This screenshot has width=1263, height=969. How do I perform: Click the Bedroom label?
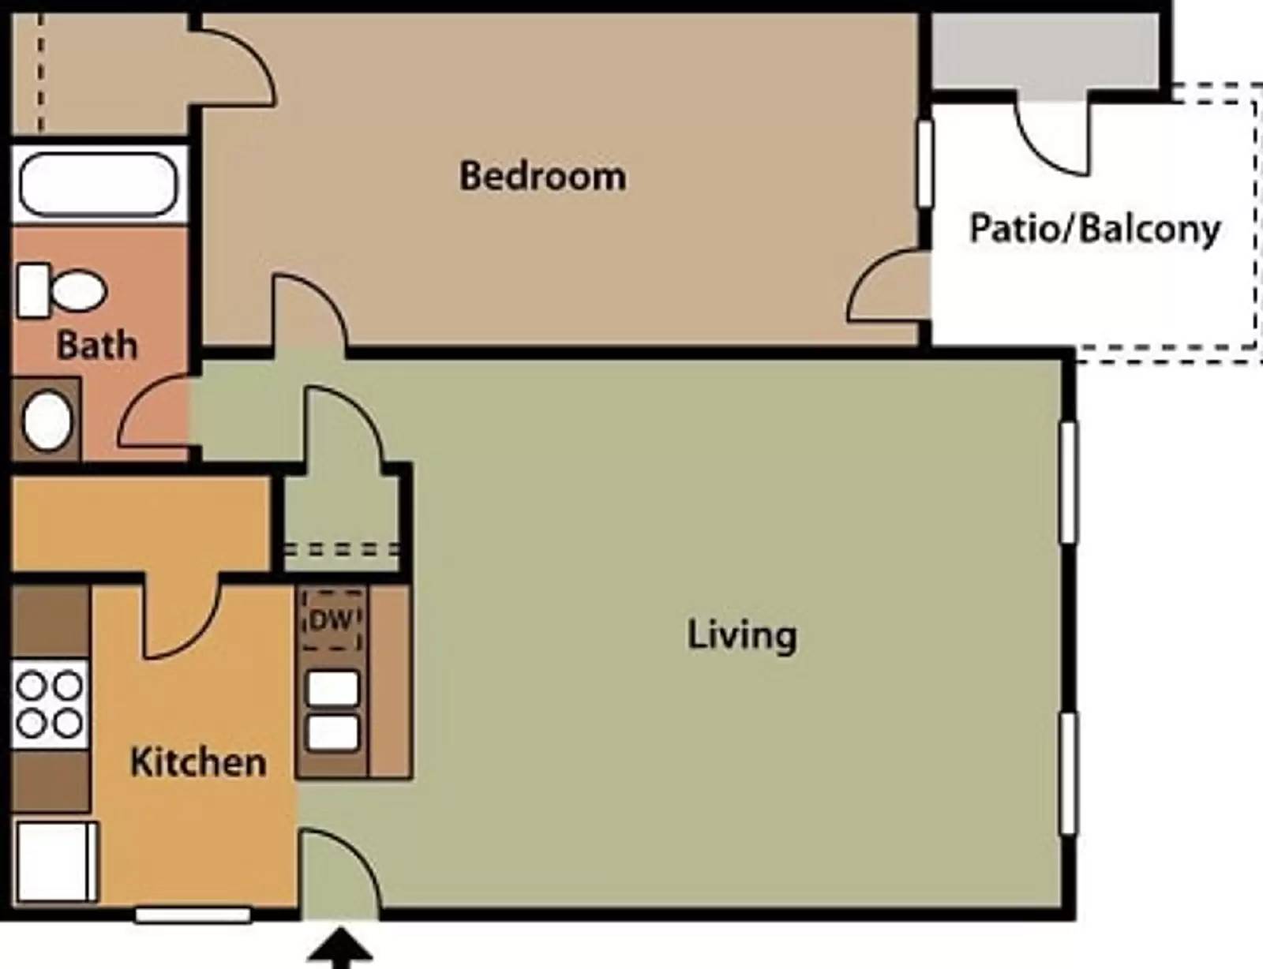(x=543, y=176)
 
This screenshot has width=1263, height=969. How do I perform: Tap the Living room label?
(x=742, y=635)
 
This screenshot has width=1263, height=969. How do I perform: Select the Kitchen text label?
(x=198, y=762)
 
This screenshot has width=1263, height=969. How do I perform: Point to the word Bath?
(x=96, y=346)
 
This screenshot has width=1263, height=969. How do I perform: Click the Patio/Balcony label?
(x=1094, y=229)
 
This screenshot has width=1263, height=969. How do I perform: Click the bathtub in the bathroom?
(x=98, y=185)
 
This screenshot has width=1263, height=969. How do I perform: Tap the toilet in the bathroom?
(x=63, y=290)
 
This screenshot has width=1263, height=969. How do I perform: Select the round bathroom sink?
(x=47, y=421)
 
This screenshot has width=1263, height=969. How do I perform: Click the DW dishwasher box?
(x=332, y=620)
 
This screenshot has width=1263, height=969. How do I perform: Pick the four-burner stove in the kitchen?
(x=50, y=704)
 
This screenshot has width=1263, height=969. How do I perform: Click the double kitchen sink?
(x=332, y=710)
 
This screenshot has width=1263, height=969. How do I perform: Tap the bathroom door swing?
(x=154, y=414)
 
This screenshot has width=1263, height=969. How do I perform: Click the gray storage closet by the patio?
(x=1045, y=51)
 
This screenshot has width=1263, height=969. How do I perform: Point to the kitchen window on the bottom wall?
(x=193, y=915)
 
